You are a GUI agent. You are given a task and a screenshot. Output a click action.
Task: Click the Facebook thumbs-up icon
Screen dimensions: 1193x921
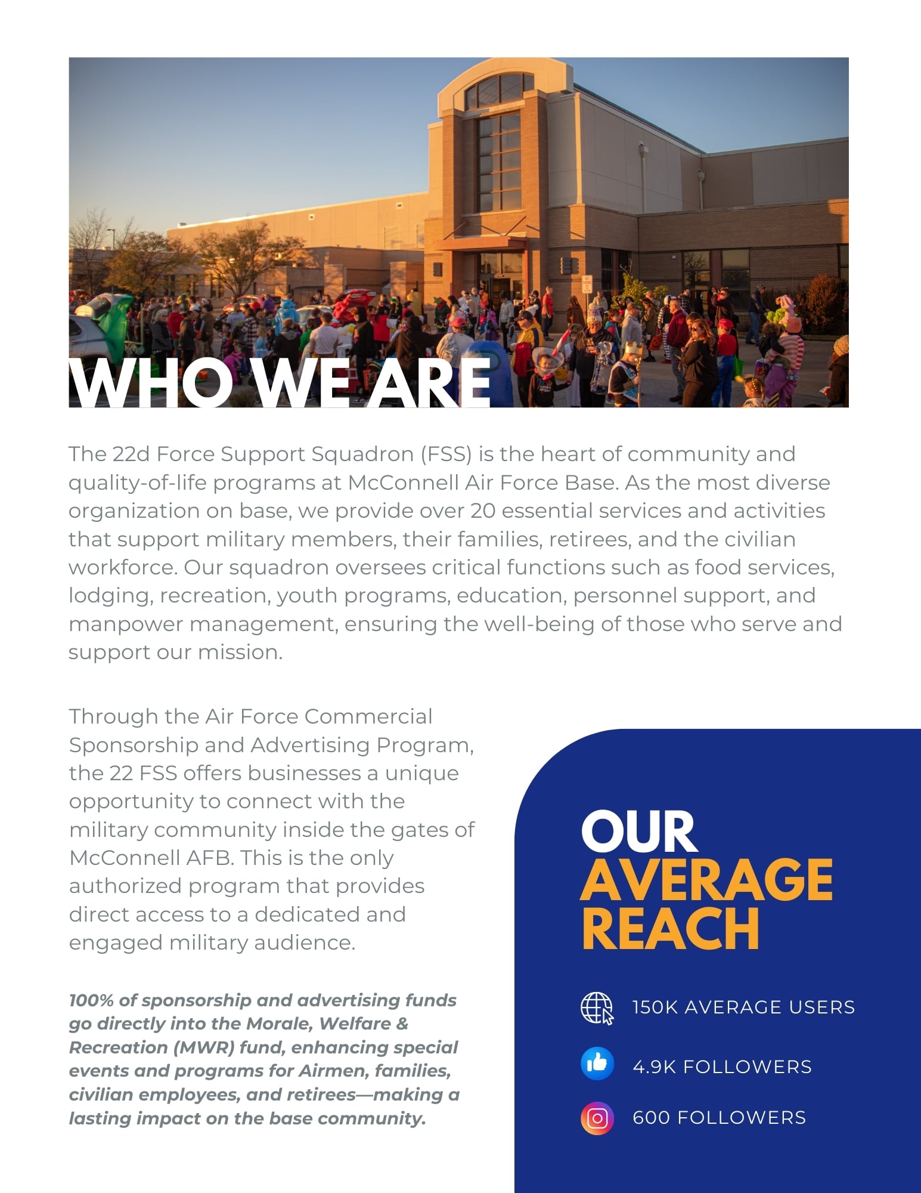tap(597, 1064)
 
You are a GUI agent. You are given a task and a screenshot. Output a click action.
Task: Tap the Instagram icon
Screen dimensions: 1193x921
tap(597, 1118)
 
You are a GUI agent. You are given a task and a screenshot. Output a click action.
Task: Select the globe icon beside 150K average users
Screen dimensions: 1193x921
tap(597, 1008)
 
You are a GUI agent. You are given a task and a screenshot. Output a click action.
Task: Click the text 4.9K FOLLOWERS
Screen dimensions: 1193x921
tap(722, 1067)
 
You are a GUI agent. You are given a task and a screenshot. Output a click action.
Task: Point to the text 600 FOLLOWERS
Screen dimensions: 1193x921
tap(719, 1117)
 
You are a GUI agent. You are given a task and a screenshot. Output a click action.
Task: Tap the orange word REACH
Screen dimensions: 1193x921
tap(670, 928)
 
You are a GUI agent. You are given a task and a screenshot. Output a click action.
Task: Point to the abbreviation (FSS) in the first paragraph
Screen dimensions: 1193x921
tap(446, 455)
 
